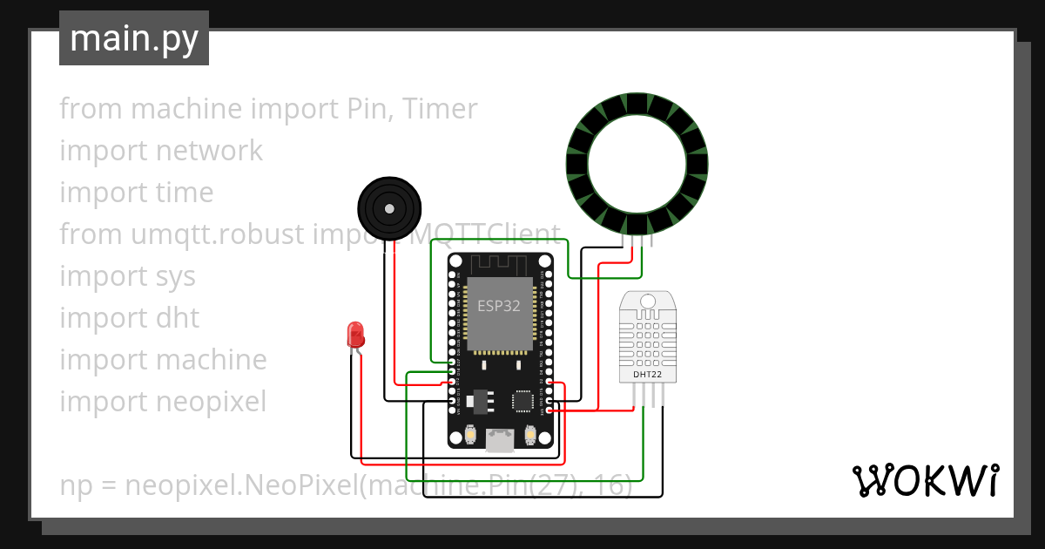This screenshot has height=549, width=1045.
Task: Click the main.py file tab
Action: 133,38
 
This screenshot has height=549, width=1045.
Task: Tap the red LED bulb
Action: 355,334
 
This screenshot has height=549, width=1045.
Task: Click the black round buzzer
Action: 389,208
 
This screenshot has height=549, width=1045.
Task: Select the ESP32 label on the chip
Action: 498,306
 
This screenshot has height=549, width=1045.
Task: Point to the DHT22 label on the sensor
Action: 647,374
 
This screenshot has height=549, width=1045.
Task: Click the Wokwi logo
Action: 924,480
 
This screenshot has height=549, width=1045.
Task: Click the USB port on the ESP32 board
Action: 500,441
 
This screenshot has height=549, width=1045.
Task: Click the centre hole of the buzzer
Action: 389,208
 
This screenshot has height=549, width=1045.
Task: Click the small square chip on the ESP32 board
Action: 523,401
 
